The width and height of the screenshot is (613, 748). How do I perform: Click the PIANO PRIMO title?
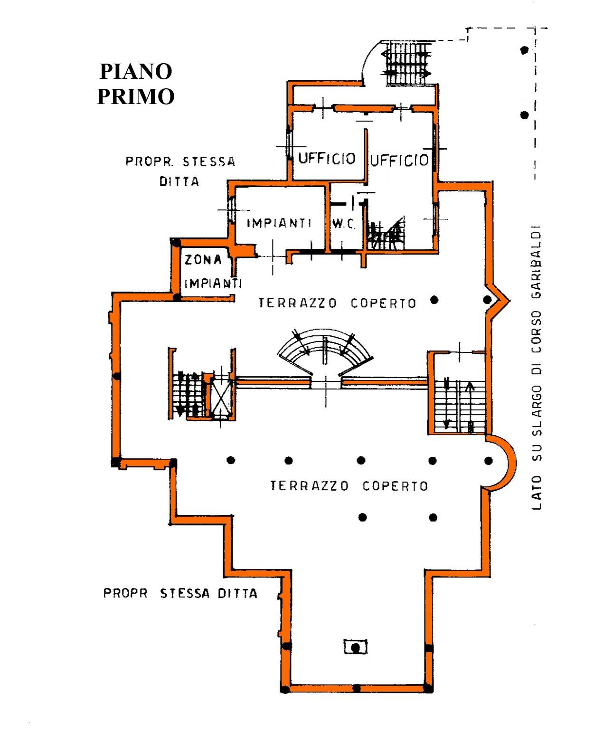(136, 84)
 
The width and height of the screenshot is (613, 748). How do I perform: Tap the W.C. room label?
(343, 224)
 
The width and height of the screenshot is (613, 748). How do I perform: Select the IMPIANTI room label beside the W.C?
(279, 223)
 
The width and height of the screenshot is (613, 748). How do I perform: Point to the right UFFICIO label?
(399, 161)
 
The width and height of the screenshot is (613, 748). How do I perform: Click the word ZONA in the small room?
(203, 260)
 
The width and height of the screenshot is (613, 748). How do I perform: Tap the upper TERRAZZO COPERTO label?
(337, 303)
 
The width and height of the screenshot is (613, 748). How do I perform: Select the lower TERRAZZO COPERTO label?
(349, 486)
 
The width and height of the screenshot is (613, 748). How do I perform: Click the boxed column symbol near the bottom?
(355, 646)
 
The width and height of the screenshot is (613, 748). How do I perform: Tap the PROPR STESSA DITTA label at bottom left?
(180, 593)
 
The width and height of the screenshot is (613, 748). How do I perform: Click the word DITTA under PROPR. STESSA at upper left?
(179, 181)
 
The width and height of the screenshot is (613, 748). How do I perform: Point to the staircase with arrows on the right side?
(459, 404)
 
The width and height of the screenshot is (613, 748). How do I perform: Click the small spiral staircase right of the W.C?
(385, 234)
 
